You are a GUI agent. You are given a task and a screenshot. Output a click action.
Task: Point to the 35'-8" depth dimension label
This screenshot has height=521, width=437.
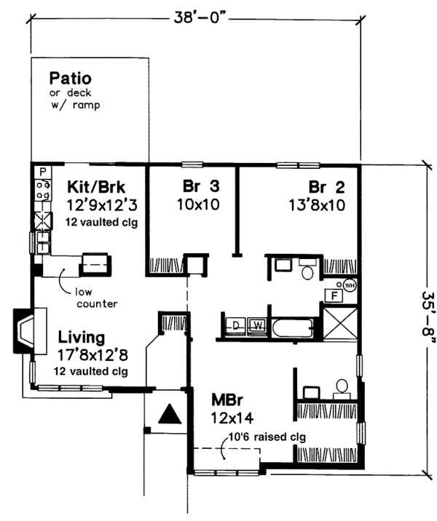[428, 318]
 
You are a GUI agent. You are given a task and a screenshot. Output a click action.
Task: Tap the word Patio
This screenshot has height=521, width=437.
[70, 79]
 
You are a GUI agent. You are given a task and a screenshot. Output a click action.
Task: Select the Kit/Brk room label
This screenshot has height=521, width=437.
[96, 187]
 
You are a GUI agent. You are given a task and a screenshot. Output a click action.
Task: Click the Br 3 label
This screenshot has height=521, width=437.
[201, 186]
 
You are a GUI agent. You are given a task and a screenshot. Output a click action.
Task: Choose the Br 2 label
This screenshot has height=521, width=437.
[327, 188]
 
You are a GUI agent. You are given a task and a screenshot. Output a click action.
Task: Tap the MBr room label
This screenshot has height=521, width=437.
[227, 400]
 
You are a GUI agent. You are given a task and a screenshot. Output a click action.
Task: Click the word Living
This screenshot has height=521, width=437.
[82, 337]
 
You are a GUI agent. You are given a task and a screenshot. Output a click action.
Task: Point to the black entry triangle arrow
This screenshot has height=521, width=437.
[170, 414]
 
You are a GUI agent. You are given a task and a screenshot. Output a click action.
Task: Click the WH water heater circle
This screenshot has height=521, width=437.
[350, 285]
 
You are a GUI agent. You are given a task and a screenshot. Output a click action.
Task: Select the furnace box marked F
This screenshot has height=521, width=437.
[334, 295]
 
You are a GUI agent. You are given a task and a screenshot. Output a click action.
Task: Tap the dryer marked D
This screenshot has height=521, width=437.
[236, 326]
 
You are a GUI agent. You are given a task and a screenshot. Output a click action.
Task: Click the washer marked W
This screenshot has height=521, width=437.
[258, 326]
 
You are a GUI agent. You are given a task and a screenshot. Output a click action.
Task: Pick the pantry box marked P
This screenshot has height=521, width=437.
[42, 172]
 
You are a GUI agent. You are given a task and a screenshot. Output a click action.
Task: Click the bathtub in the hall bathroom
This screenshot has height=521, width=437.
[293, 327]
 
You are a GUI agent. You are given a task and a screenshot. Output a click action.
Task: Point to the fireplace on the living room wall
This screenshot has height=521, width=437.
[30, 331]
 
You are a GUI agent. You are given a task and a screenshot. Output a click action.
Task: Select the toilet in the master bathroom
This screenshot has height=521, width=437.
[342, 389]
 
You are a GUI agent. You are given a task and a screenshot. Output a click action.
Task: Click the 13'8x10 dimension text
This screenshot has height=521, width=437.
[317, 205]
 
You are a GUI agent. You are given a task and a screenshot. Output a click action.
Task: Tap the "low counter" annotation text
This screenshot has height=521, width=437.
[96, 298]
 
